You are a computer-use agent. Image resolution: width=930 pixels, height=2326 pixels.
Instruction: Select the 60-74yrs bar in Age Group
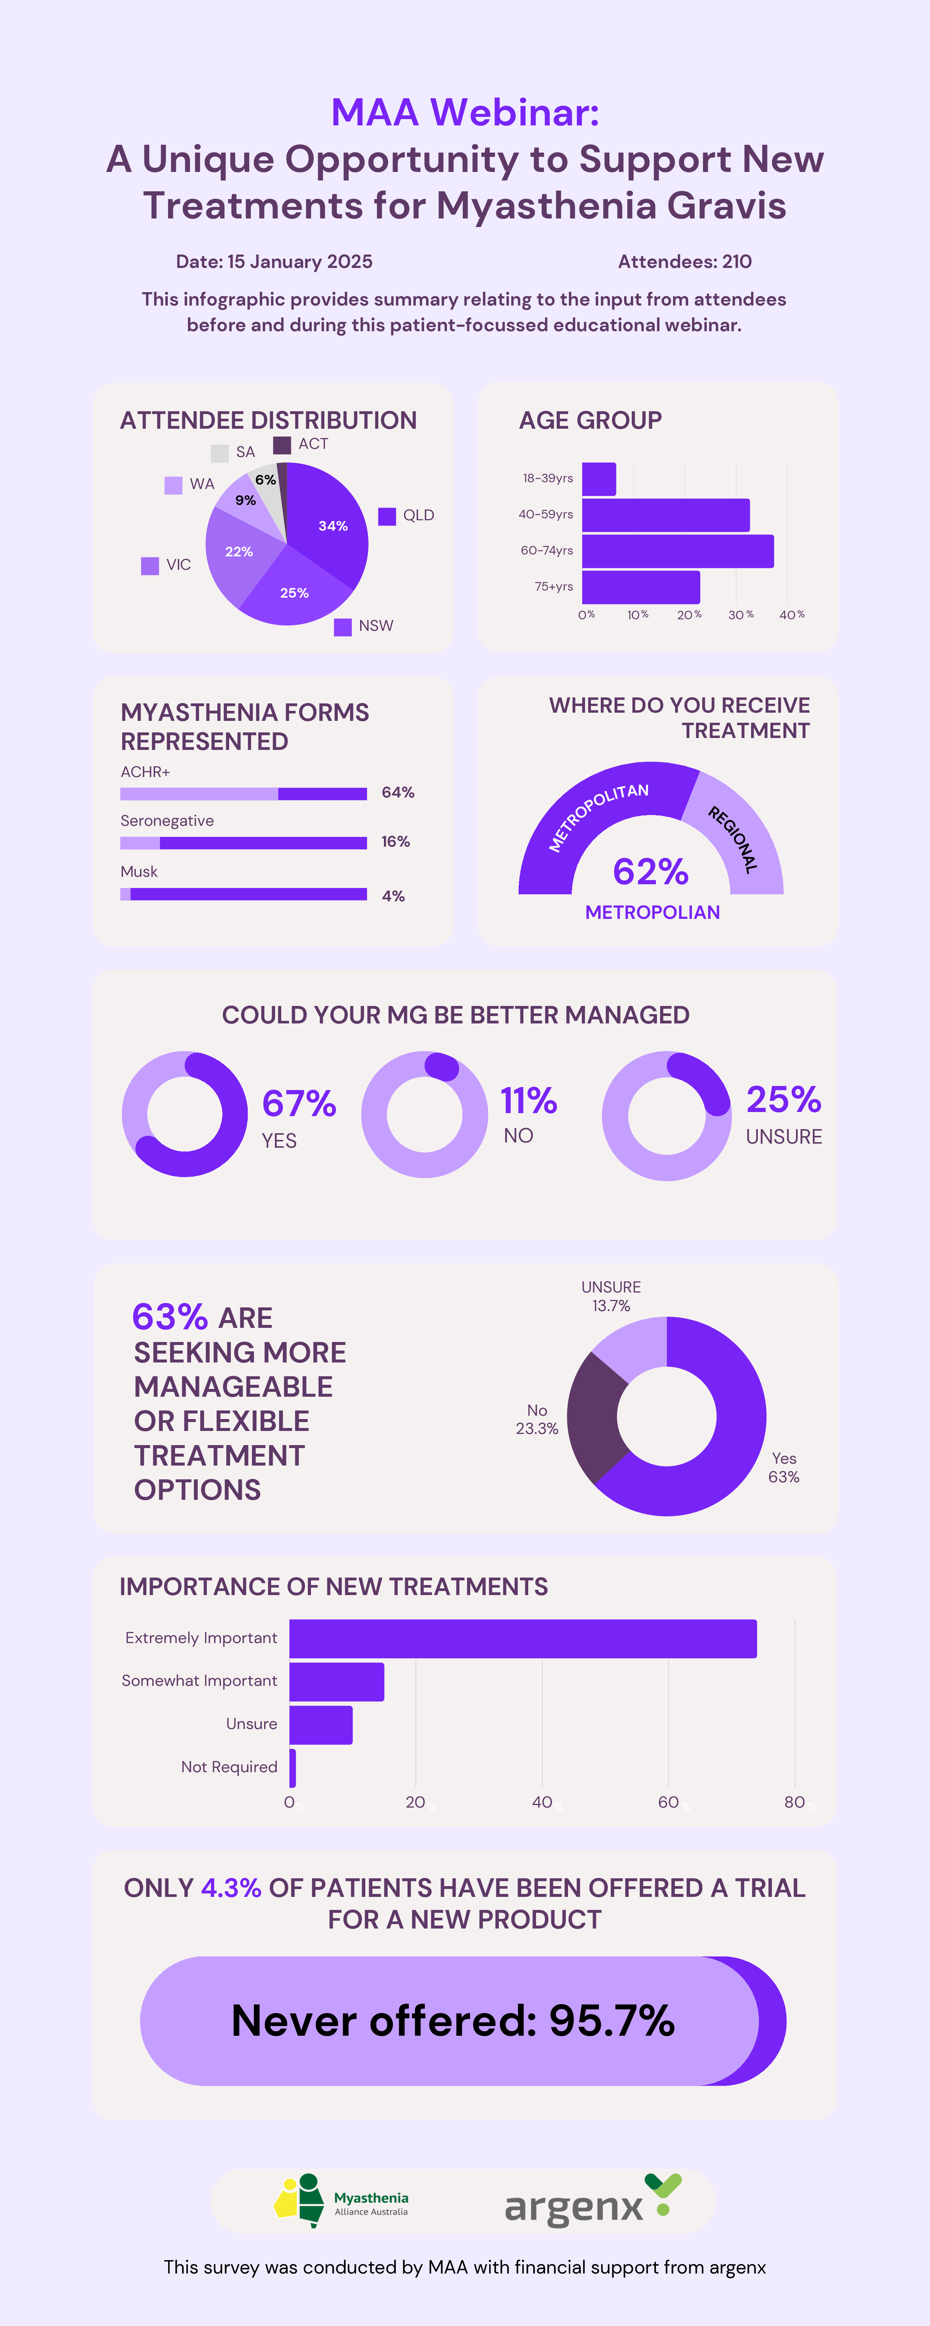[677, 551]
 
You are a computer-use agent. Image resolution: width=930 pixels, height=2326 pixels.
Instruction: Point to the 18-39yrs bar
[599, 479]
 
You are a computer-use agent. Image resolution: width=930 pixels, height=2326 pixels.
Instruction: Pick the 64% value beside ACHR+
[397, 793]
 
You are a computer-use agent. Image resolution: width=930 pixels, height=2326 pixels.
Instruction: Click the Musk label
[139, 871]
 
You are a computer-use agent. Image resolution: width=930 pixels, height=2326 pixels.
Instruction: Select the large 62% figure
[650, 871]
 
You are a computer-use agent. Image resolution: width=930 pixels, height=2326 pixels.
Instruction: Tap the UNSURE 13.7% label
[611, 1297]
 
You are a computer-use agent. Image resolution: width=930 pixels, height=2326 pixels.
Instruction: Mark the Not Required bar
[292, 1768]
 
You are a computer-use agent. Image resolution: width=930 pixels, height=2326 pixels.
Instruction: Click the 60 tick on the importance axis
[668, 1802]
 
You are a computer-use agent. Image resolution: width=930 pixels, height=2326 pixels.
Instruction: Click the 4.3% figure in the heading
[231, 1888]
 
